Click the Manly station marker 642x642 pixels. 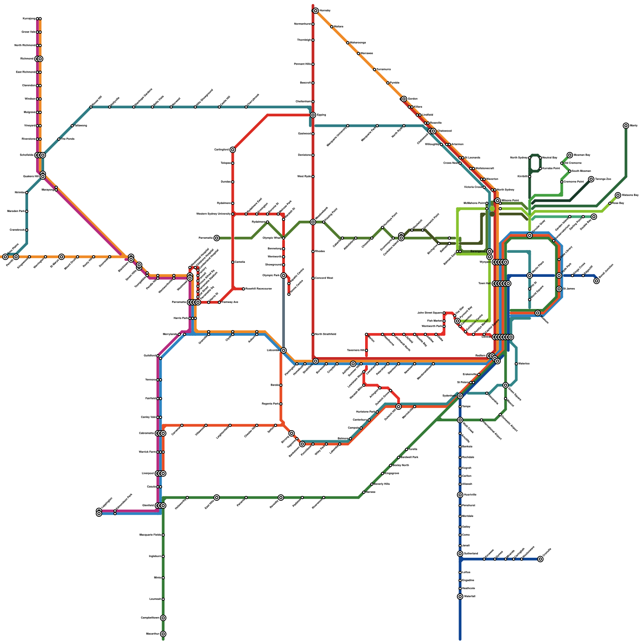click(626, 126)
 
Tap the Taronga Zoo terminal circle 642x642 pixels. click(591, 179)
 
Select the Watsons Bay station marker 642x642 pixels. click(618, 195)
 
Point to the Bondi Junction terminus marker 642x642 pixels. click(597, 281)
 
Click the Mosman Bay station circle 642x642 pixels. click(570, 155)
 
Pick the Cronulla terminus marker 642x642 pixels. click(540, 559)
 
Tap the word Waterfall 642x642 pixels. click(469, 597)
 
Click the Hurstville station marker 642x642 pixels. click(460, 495)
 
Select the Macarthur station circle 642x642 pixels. click(163, 634)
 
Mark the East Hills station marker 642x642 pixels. click(217, 498)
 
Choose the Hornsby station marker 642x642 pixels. click(316, 11)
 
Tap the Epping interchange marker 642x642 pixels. click(313, 115)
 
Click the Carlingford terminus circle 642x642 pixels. click(233, 150)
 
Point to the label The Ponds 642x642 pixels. click(67, 139)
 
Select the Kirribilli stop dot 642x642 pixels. click(530, 177)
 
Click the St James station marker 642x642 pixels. click(559, 289)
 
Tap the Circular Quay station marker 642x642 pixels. click(530, 236)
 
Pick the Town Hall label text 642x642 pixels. click(484, 284)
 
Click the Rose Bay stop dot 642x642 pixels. click(610, 203)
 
